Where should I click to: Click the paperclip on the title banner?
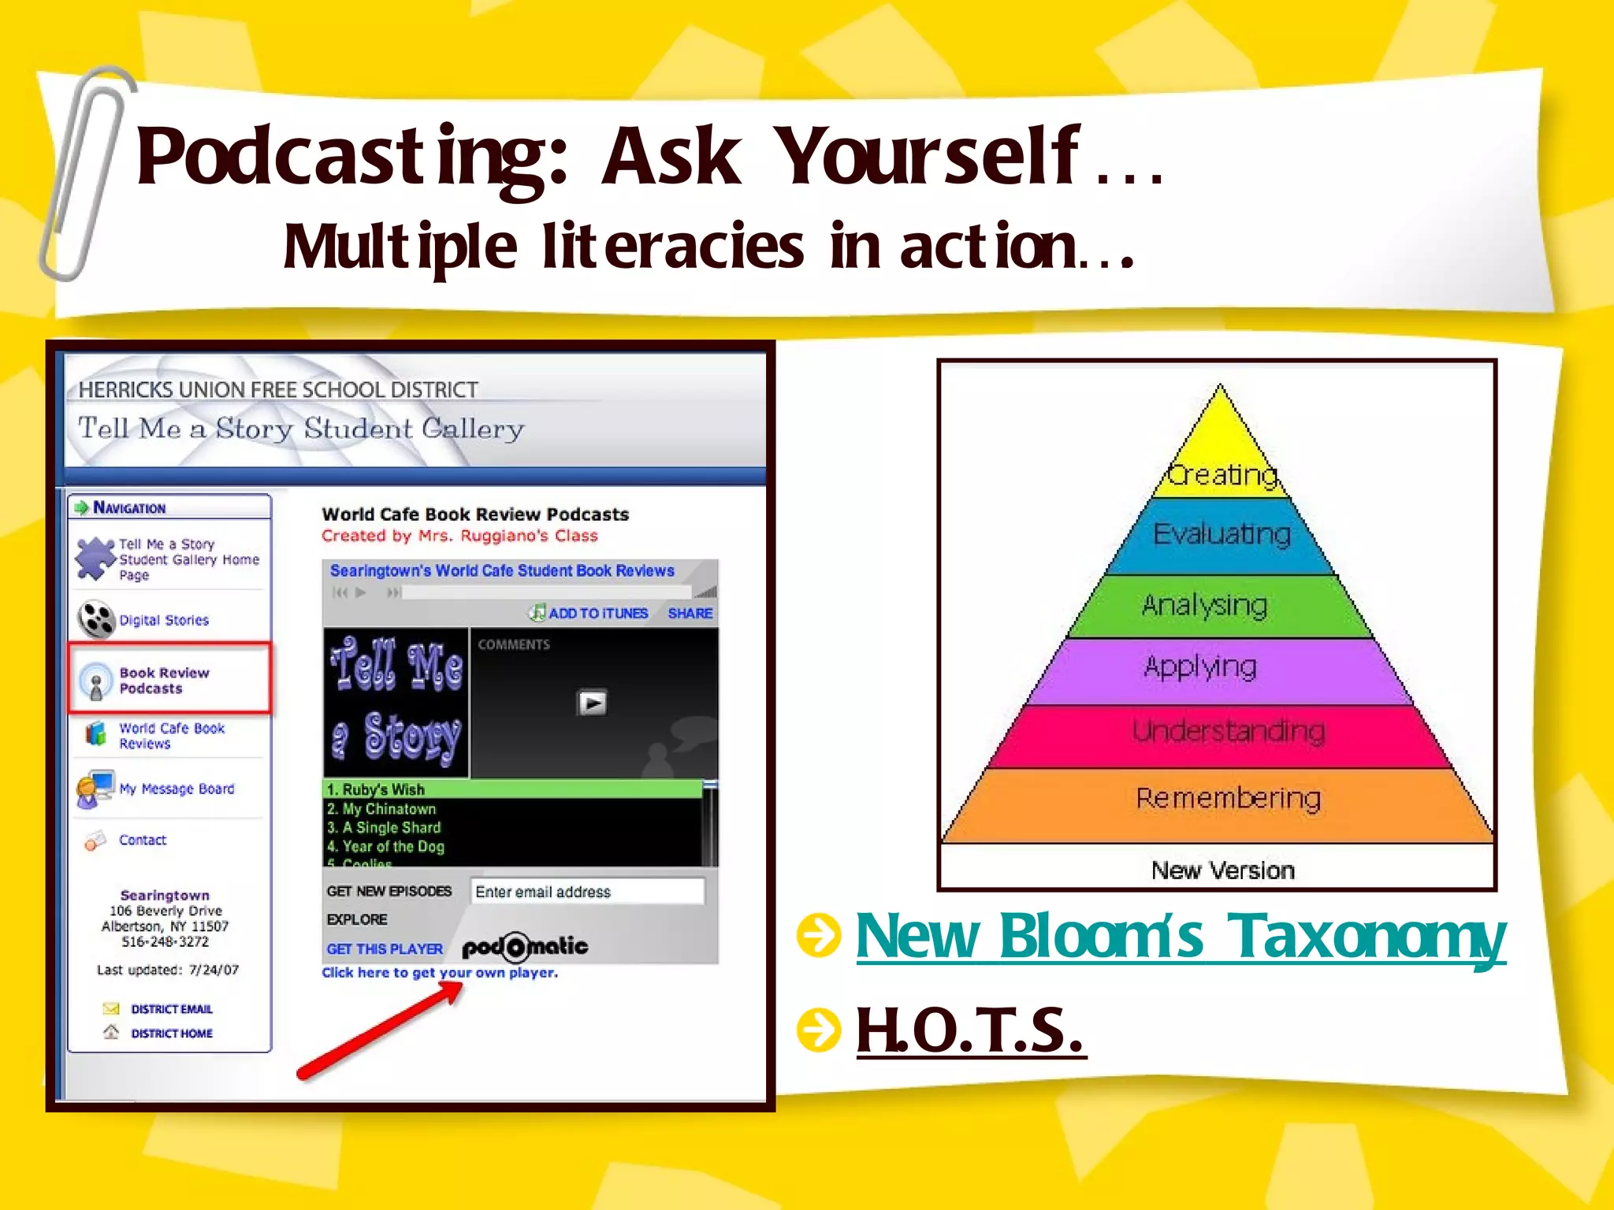tap(83, 173)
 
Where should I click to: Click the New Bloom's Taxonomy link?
tap(1180, 937)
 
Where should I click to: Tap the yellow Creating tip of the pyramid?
tap(1221, 457)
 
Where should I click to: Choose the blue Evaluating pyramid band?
tap(1221, 536)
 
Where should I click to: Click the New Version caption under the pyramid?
tap(1222, 870)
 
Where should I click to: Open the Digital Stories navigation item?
tap(163, 621)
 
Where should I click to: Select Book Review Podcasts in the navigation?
tap(164, 681)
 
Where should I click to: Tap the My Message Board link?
tap(176, 789)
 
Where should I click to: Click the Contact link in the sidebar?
tap(142, 841)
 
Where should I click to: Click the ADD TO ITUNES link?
tap(597, 614)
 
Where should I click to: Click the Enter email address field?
tap(586, 892)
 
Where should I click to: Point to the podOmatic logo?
tap(525, 947)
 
